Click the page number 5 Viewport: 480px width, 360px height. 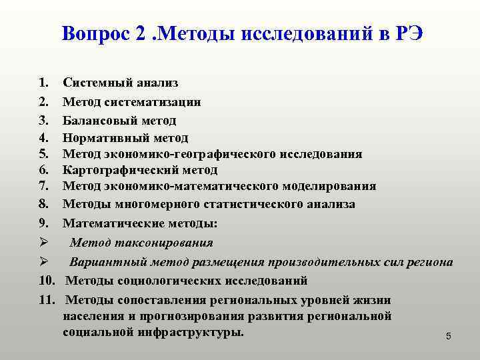[x=449, y=337]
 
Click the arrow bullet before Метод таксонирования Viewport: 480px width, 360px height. [x=43, y=243]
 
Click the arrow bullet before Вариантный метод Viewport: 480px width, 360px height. [x=43, y=261]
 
